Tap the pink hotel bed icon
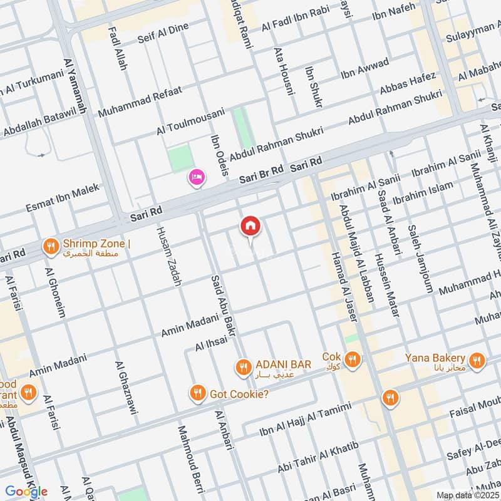pos(197,179)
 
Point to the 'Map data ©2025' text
pos(467,495)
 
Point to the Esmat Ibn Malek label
pos(63,197)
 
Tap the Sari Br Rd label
pos(262,175)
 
